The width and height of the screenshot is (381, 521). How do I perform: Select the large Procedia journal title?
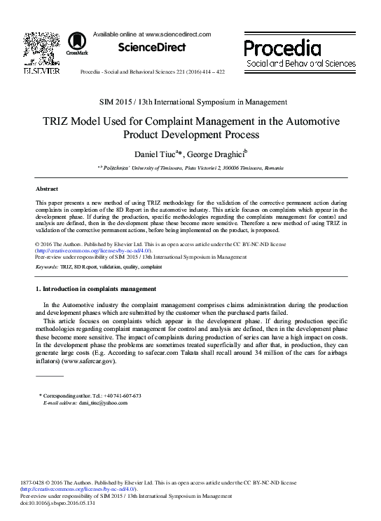point(282,48)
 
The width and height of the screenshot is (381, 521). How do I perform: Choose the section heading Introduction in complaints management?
point(95,289)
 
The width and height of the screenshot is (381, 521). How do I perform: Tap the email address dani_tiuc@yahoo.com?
point(103,403)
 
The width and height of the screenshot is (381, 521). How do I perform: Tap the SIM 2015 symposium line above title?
point(190,102)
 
